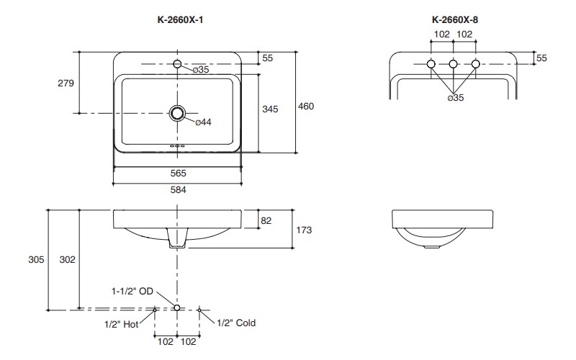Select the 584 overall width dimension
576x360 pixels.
coord(177,190)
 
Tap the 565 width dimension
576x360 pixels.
coord(177,174)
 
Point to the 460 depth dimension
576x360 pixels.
coord(306,106)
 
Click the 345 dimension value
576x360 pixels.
coord(270,109)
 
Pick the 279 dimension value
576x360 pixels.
coord(66,84)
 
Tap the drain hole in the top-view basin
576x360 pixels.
coord(177,113)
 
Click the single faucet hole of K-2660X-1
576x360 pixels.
coord(178,66)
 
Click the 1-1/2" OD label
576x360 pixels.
coord(132,292)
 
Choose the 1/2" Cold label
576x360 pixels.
coord(236,323)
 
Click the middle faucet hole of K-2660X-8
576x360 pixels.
coord(453,66)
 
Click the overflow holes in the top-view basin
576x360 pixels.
coord(177,146)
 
